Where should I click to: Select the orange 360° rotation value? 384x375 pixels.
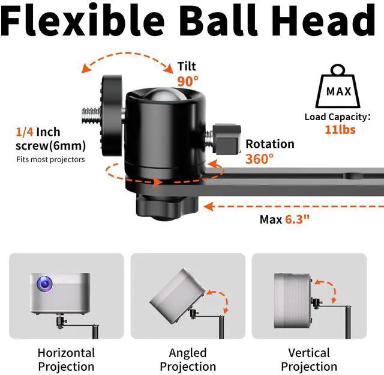(x=259, y=159)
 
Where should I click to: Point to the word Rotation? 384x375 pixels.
(x=270, y=144)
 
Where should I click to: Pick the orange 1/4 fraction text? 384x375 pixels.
(x=25, y=132)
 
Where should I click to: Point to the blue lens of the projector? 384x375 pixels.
(x=44, y=282)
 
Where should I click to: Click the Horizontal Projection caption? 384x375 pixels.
(x=66, y=359)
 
